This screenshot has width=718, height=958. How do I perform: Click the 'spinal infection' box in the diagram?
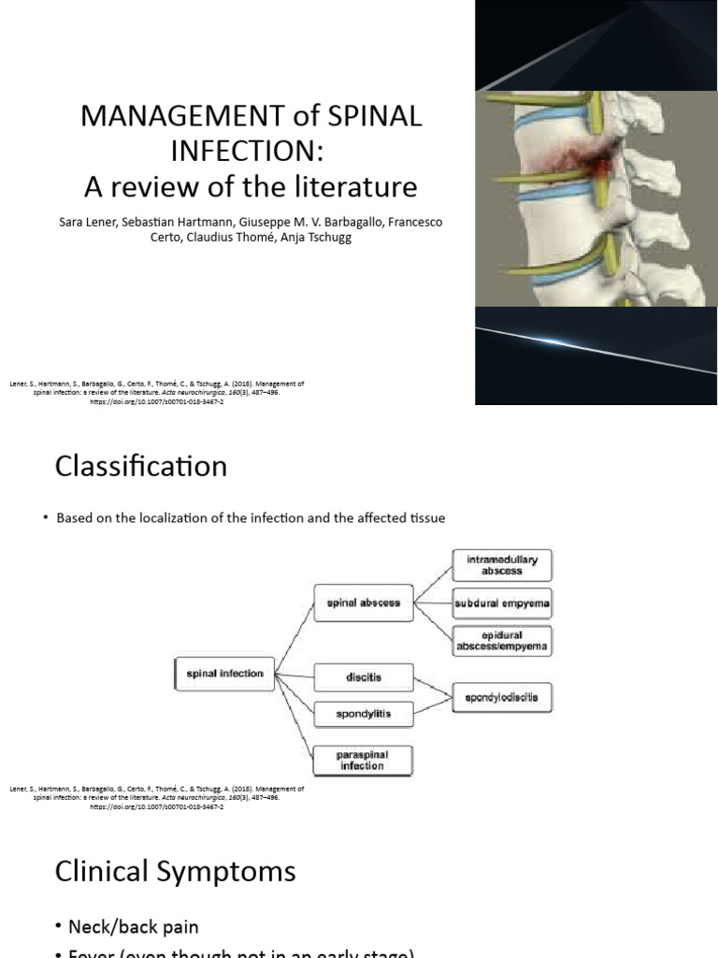tap(224, 673)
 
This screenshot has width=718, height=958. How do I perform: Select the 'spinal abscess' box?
tap(364, 603)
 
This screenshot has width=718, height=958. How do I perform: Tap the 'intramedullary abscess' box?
tap(502, 565)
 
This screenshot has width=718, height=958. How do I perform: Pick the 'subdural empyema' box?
tap(502, 603)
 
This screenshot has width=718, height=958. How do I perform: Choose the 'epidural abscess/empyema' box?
tap(502, 640)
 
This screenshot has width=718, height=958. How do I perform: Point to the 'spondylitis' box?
tap(363, 715)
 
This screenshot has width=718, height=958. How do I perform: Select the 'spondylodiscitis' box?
tap(502, 697)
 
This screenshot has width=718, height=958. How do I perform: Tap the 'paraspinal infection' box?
tap(363, 760)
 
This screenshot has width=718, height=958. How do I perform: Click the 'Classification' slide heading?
tap(141, 466)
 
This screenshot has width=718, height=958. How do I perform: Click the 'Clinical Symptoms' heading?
tap(176, 872)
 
